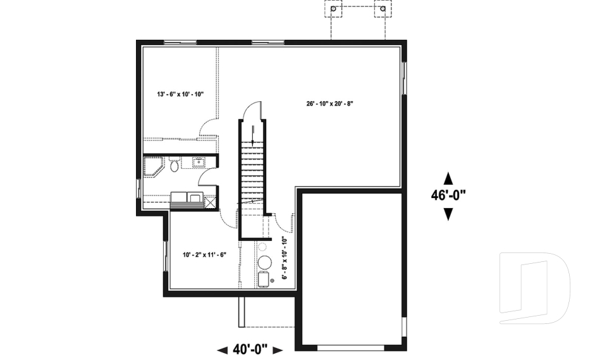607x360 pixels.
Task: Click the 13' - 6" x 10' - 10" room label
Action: (180, 94)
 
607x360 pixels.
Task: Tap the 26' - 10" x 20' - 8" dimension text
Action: (330, 104)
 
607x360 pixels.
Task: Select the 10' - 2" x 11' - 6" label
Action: (204, 255)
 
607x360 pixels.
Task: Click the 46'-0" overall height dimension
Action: (448, 196)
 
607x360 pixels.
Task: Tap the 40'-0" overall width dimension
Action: (250, 350)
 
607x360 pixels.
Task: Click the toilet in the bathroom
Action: (175, 164)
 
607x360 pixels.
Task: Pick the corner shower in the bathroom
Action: (152, 166)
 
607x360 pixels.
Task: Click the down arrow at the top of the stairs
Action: (253, 135)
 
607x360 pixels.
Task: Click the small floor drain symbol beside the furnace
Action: (272, 280)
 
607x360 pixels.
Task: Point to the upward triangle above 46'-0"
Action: (448, 178)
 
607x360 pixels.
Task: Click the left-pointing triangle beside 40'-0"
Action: (222, 351)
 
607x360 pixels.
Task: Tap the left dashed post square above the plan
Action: (333, 8)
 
